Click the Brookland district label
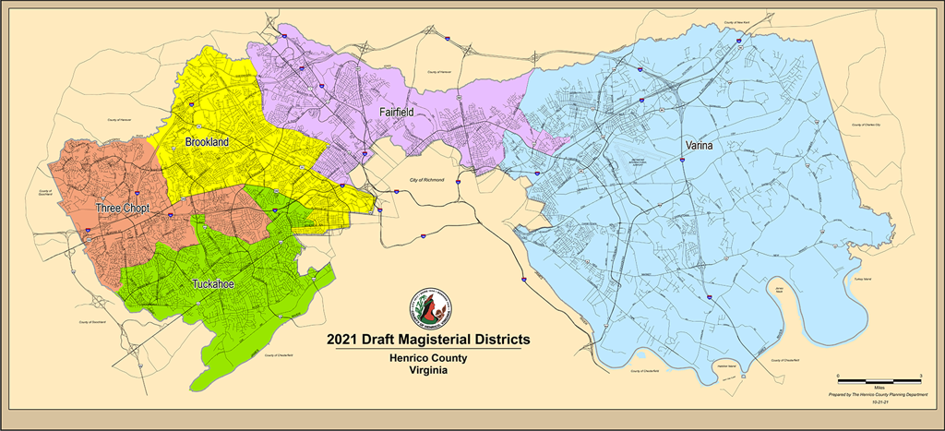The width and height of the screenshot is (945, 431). click(207, 142)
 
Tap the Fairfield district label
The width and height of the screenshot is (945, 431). click(397, 112)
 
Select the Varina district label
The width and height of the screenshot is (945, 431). click(704, 146)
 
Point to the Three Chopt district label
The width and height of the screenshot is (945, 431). click(123, 210)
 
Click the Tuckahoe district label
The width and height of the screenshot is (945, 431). click(212, 284)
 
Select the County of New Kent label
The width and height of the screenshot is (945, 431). click(740, 20)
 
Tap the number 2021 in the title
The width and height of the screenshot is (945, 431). click(343, 339)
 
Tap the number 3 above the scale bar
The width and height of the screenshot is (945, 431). click(921, 375)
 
